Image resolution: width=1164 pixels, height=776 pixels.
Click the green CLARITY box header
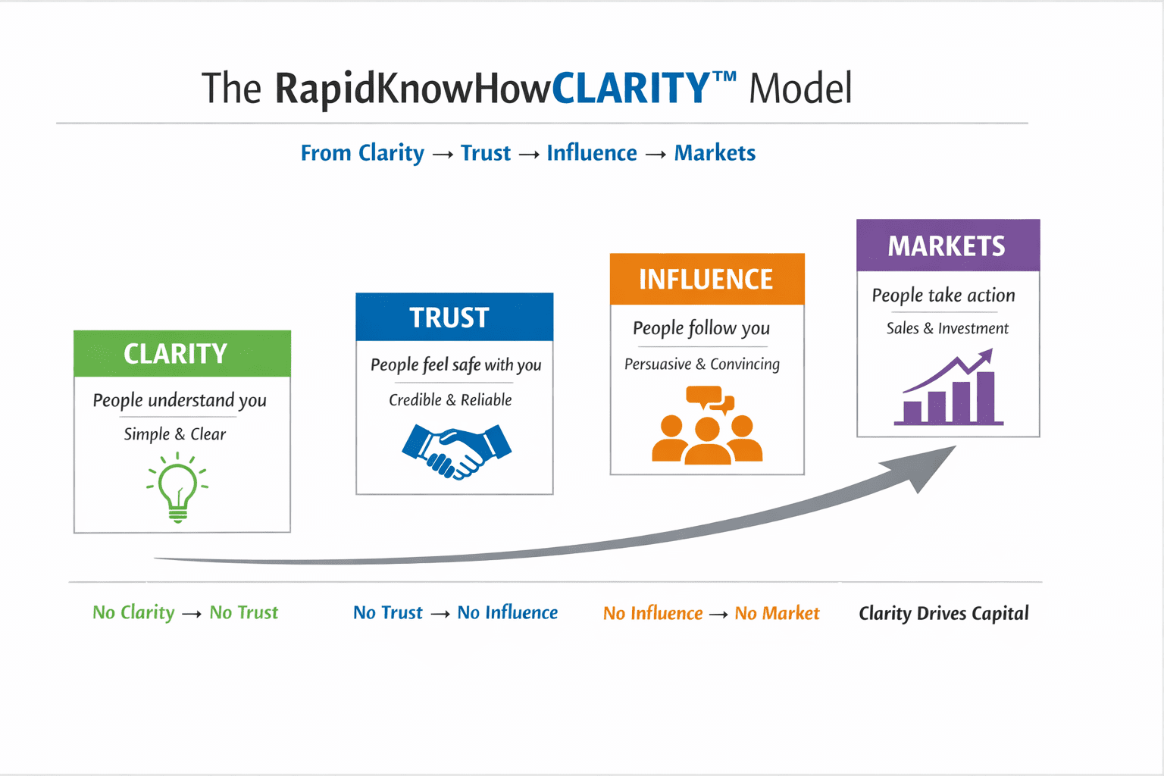click(182, 354)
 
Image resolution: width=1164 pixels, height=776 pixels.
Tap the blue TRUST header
click(454, 318)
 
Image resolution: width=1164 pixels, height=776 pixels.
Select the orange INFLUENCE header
click(706, 280)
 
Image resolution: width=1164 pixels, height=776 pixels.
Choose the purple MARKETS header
click(947, 246)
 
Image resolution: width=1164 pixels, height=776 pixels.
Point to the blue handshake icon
click(456, 451)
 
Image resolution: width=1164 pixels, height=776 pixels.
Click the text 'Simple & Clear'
click(175, 434)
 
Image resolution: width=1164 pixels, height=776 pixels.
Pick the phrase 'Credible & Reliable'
click(450, 400)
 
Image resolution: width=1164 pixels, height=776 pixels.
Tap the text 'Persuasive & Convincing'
click(702, 365)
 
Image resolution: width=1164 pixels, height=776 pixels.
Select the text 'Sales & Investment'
click(947, 328)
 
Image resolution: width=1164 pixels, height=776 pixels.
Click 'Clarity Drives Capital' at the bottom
click(943, 613)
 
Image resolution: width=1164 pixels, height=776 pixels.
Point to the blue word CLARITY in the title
click(631, 89)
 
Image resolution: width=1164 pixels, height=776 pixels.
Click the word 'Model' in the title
click(800, 89)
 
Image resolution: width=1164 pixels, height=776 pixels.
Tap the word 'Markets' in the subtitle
click(715, 153)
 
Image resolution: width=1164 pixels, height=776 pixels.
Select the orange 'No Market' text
click(777, 613)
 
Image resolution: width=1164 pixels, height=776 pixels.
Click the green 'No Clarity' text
click(133, 612)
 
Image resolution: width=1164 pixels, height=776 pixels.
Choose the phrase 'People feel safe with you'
click(455, 365)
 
